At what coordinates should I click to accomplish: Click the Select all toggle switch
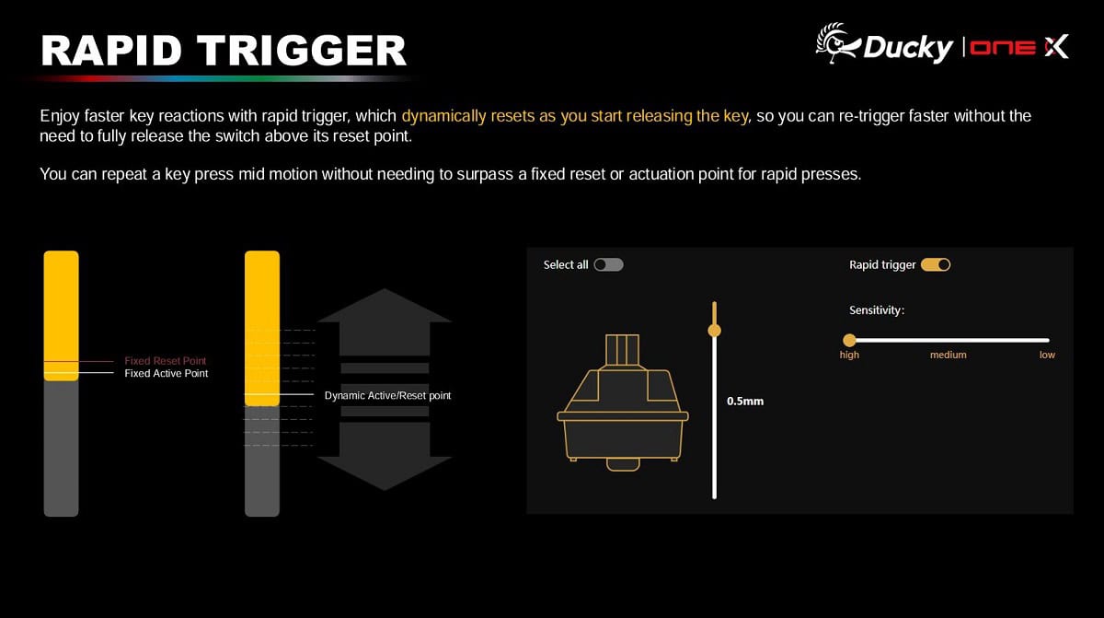(608, 265)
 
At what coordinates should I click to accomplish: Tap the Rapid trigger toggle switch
(936, 265)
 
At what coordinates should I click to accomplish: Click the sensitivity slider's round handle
(849, 340)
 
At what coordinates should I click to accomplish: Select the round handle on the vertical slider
(714, 330)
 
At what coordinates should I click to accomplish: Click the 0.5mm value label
(745, 401)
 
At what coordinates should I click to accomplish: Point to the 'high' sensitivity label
(849, 355)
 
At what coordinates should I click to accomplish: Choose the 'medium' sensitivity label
(949, 355)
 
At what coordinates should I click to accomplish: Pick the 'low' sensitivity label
(1047, 355)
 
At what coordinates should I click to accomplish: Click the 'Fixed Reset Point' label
(165, 360)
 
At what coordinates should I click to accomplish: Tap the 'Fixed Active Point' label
(167, 373)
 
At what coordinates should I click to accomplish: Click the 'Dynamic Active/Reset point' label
(387, 395)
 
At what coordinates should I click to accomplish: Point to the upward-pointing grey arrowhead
(385, 306)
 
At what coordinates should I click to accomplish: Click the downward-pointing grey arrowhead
(385, 473)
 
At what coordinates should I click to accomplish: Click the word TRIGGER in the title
(302, 51)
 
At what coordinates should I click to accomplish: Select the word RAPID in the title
(112, 51)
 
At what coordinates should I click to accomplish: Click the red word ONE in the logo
(1003, 47)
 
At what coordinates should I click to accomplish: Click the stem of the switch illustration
(622, 350)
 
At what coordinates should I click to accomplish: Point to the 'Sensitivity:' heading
(877, 310)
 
